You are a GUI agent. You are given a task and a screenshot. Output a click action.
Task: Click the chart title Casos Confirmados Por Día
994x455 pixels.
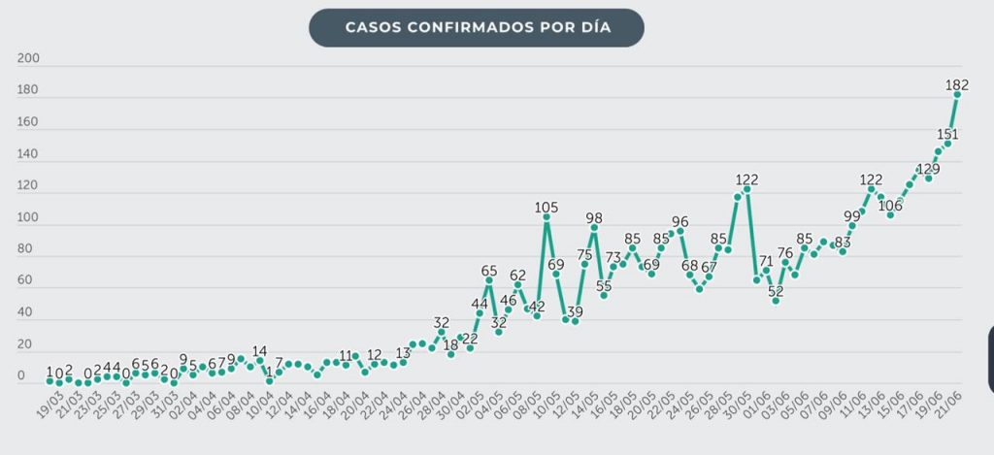[x=476, y=27]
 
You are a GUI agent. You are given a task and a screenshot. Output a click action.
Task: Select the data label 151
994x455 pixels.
[x=946, y=134]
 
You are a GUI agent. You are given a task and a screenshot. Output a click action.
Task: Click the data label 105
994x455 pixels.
[x=547, y=207]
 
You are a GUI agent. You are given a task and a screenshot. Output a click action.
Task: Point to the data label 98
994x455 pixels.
[x=594, y=218]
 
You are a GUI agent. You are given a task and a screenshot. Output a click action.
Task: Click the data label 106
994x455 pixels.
[x=890, y=206]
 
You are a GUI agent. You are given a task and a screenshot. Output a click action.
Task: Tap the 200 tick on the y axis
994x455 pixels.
[x=27, y=59]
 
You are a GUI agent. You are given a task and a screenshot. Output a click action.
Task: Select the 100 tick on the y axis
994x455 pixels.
[x=27, y=218]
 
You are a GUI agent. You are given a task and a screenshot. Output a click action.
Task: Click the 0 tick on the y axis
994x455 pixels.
[x=21, y=377]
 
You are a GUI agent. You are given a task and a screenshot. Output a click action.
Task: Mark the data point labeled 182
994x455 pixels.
[x=957, y=94]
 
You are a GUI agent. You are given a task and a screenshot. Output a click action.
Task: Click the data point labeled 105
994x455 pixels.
[x=547, y=217]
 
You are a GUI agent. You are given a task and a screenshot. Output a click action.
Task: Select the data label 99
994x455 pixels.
[x=852, y=215]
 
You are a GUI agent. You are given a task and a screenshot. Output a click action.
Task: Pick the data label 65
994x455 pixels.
[x=489, y=271]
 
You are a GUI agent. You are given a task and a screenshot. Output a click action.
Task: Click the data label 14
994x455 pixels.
[x=259, y=351]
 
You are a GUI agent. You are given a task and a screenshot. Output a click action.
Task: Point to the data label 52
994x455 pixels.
[x=776, y=290]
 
